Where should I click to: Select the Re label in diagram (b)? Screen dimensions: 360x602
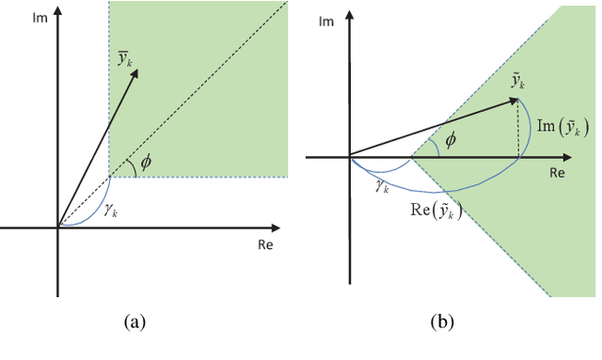pos(557,174)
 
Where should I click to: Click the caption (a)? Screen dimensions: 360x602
pos(135,322)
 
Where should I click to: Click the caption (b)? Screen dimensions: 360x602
pos(442,322)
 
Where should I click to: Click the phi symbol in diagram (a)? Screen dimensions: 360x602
pos(146,162)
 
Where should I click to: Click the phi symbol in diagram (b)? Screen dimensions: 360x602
pos(452,140)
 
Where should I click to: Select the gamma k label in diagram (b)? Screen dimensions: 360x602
pos(382,186)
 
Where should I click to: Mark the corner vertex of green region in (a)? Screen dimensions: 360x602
pos(109,177)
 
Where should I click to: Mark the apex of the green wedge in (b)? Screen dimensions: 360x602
pos(410,157)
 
